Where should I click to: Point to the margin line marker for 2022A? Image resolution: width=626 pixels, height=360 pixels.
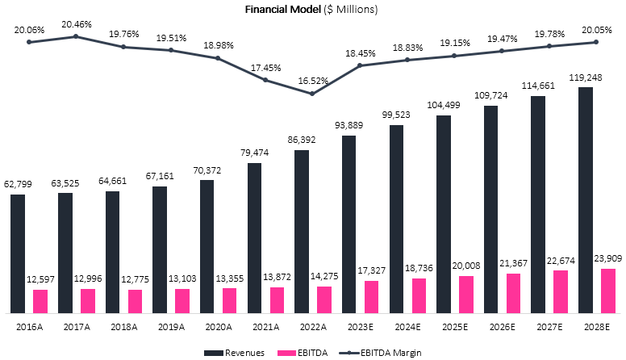[x=311, y=94]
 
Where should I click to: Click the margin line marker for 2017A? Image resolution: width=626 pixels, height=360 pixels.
[x=76, y=36]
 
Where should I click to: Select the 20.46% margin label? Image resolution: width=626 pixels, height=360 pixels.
[x=76, y=24]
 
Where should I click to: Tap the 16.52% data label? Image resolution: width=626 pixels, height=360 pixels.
[x=312, y=82]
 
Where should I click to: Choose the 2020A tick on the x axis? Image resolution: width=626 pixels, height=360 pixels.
[x=218, y=328]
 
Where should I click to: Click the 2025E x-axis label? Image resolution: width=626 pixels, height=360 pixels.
[x=454, y=328]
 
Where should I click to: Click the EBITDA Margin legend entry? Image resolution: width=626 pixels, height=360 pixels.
[x=398, y=352]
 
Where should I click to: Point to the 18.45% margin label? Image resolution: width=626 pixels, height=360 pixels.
[x=360, y=52]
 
